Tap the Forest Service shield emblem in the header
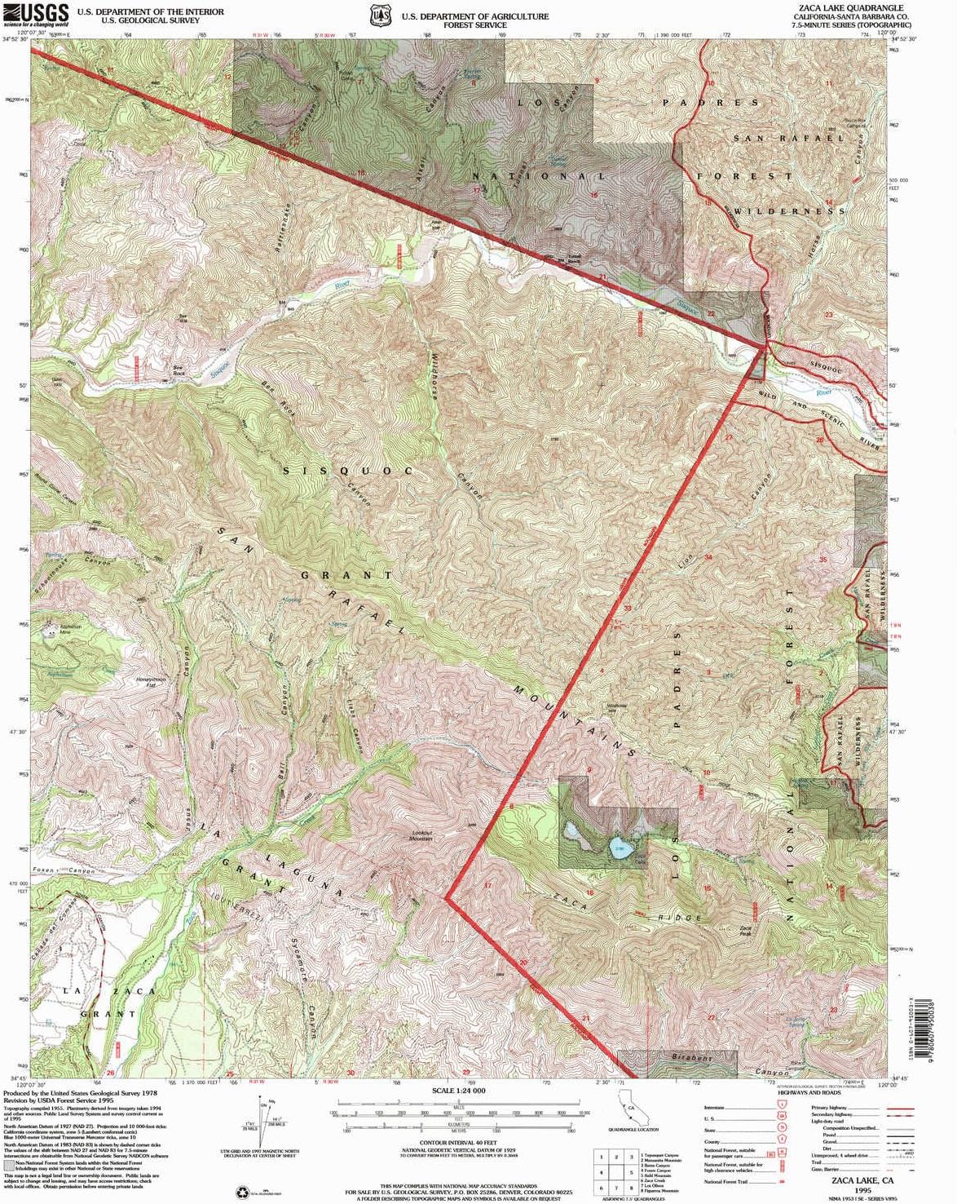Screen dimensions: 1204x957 [x=379, y=15]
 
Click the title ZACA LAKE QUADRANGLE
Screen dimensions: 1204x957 [x=839, y=7]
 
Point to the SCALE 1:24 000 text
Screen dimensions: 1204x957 [x=458, y=1090]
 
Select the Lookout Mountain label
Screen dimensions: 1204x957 [x=421, y=836]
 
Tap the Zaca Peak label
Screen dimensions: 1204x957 [x=744, y=931]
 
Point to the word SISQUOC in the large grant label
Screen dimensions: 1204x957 [x=348, y=471]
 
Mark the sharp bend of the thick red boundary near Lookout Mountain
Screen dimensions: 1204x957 [x=446, y=897]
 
